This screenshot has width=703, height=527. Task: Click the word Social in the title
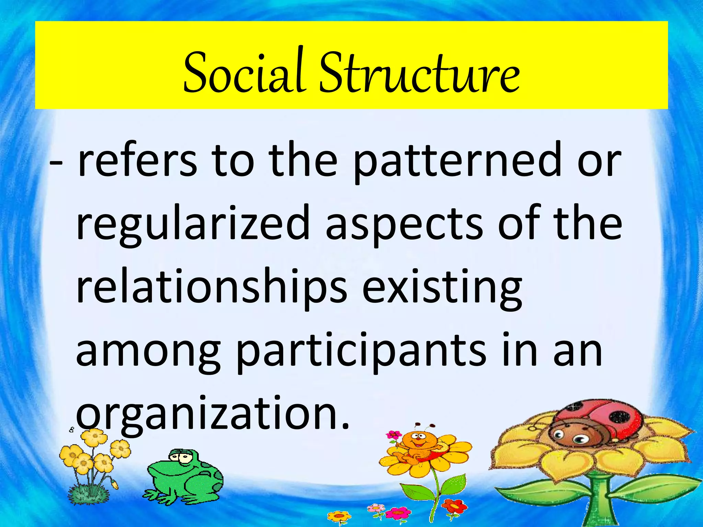(x=244, y=73)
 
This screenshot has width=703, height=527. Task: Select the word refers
(x=138, y=160)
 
